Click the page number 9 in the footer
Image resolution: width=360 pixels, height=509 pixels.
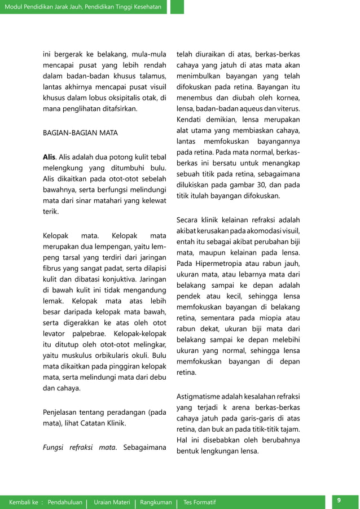pyautogui.click(x=339, y=501)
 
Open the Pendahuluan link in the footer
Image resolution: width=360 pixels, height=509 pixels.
pyautogui.click(x=65, y=502)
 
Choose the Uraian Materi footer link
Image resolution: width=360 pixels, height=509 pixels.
pyautogui.click(x=112, y=502)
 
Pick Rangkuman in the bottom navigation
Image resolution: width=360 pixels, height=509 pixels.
pyautogui.click(x=156, y=502)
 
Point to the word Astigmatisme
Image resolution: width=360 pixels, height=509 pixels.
pyautogui.click(x=202, y=396)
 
